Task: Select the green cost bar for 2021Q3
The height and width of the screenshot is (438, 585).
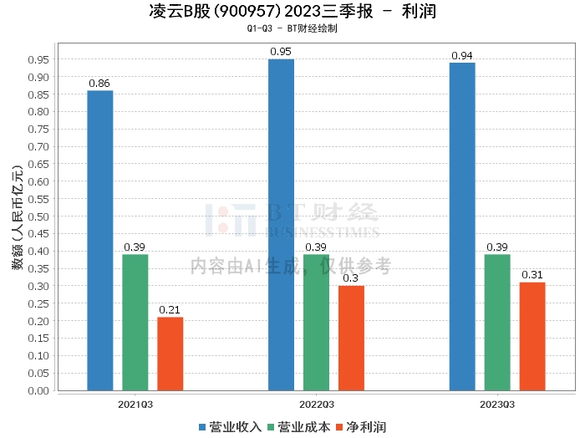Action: (x=135, y=322)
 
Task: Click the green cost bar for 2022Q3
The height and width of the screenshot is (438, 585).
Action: (x=316, y=322)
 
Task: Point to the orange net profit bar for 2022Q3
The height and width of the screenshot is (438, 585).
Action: (x=351, y=338)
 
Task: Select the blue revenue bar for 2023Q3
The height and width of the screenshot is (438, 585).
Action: (x=462, y=226)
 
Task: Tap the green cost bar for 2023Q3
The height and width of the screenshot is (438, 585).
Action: (x=497, y=322)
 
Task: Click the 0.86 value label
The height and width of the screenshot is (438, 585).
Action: (x=99, y=84)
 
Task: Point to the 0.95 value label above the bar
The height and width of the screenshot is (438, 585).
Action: (x=281, y=52)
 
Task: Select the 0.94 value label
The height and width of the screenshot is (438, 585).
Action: (x=462, y=56)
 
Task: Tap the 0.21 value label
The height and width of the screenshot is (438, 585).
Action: (x=170, y=310)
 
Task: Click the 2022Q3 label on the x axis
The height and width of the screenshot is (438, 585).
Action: (x=316, y=403)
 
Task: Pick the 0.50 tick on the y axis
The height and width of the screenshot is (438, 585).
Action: (x=37, y=216)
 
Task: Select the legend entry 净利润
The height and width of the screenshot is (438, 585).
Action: (x=361, y=427)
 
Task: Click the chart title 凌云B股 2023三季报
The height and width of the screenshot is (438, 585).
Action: (x=292, y=12)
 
